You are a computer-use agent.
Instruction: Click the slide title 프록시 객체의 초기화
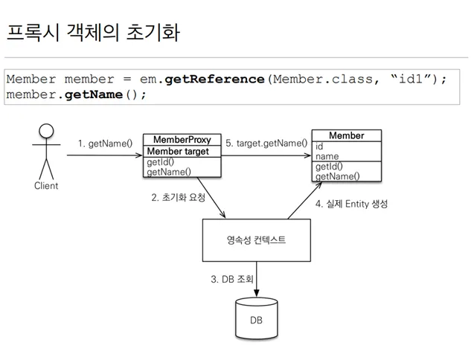pyautogui.click(x=92, y=33)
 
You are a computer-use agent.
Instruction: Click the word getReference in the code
pyautogui.click(x=214, y=80)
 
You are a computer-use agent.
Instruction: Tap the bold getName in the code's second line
pyautogui.click(x=92, y=94)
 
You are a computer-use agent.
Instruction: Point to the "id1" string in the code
pyautogui.click(x=412, y=80)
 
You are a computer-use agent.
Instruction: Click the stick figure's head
pyautogui.click(x=46, y=132)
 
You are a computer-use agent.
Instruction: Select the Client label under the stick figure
pyautogui.click(x=46, y=186)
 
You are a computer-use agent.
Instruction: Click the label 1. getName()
pyautogui.click(x=105, y=143)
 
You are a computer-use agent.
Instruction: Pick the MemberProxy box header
pyautogui.click(x=182, y=140)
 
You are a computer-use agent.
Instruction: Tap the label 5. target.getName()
pyautogui.click(x=266, y=143)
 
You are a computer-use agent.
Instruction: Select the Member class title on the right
pyautogui.click(x=346, y=136)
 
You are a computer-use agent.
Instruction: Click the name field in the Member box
pyautogui.click(x=327, y=157)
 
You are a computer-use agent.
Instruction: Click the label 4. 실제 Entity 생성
pyautogui.click(x=351, y=204)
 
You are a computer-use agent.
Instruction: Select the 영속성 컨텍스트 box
pyautogui.click(x=256, y=240)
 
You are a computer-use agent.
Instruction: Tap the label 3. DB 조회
pyautogui.click(x=232, y=280)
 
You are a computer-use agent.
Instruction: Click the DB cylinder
pyautogui.click(x=256, y=320)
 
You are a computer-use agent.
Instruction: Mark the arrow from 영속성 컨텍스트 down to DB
pyautogui.click(x=257, y=279)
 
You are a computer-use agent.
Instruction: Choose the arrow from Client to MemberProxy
pyautogui.click(x=104, y=156)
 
